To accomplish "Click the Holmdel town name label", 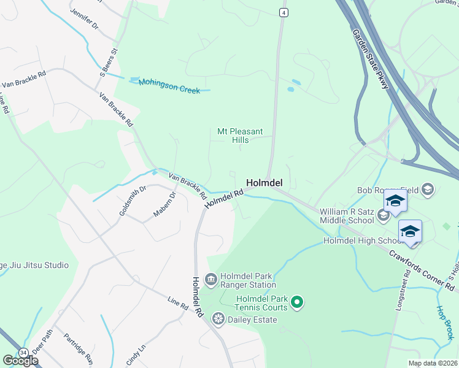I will point(264,183).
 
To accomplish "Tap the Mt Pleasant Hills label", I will point(240,136).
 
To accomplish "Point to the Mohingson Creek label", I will point(169,86).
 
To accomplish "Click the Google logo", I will point(20,361).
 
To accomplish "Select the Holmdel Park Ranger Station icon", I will point(210,280).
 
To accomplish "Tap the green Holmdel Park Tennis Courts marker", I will point(297,302).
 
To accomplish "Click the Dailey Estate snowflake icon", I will point(217,319).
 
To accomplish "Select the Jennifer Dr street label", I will point(84,19).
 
